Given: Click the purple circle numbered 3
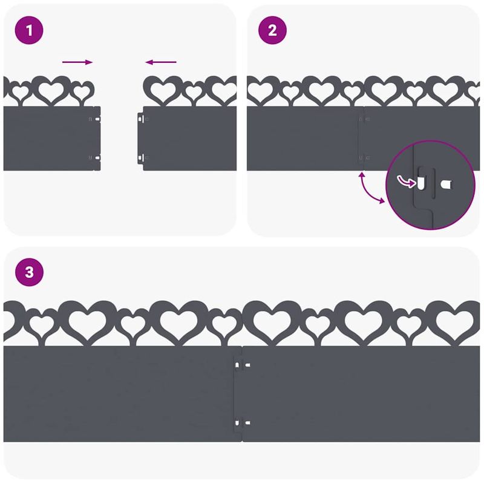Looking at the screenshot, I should (30, 272).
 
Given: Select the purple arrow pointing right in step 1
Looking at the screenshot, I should (77, 62).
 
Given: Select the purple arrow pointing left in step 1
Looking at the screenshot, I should (161, 62).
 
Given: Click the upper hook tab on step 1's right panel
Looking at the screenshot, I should (142, 119).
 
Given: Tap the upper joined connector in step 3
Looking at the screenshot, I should (243, 366).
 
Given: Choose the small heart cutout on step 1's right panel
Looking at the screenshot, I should (194, 93).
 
